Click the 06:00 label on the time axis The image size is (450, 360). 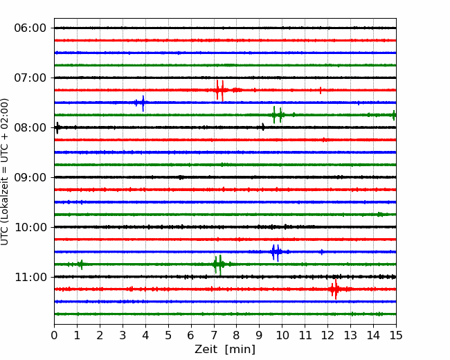30,28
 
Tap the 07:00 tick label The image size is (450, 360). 30,78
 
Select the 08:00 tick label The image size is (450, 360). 30,127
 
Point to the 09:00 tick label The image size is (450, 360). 30,177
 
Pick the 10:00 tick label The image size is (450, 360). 30,227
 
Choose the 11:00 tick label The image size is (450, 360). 30,277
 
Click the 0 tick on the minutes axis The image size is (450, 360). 54,335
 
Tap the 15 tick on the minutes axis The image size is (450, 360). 396,335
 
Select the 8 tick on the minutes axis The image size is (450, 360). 237,335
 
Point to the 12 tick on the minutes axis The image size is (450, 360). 327,335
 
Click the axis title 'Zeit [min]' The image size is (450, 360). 225,350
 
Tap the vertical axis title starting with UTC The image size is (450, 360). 5,172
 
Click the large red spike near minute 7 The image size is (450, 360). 220,91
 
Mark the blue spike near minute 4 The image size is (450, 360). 143,103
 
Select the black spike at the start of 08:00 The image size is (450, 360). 57,128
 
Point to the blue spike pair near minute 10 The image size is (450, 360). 276,252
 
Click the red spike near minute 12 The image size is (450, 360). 335,289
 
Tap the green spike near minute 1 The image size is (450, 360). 82,264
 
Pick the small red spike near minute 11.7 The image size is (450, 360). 321,91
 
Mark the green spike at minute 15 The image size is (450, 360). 394,115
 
